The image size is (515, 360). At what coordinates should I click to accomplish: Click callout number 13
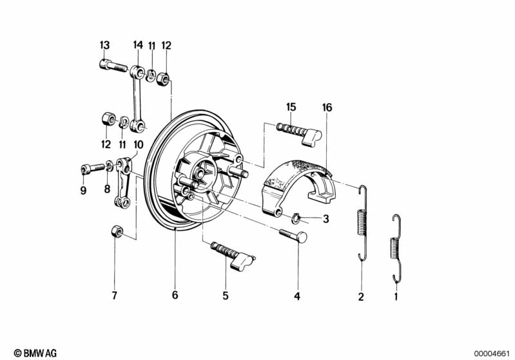[x=104, y=45]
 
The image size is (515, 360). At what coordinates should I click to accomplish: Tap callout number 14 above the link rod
[x=137, y=45]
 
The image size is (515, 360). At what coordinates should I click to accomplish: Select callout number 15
[x=291, y=107]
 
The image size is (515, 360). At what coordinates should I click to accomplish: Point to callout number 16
[x=327, y=108]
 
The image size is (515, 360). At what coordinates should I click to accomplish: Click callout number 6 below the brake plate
[x=175, y=296]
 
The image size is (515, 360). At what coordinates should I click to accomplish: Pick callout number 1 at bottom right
[x=396, y=297]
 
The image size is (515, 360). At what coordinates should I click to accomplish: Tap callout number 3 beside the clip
[x=326, y=219]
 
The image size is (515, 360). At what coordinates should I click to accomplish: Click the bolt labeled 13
[x=113, y=64]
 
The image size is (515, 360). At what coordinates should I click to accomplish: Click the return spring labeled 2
[x=363, y=223]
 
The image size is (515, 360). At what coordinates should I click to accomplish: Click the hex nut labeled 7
[x=114, y=231]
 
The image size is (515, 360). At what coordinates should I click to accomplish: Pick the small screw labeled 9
[x=92, y=168]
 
